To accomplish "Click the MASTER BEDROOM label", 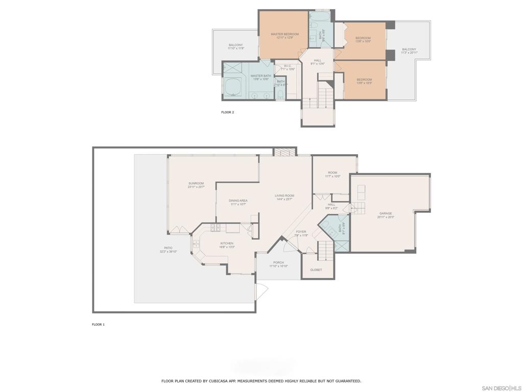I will click(x=284, y=34).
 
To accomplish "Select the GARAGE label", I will click(x=386, y=213).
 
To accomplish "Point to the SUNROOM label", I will click(x=196, y=183).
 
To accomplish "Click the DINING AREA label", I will click(x=238, y=201).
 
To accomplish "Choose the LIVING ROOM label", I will click(x=284, y=195).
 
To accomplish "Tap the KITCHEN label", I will click(x=227, y=243).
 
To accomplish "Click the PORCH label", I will click(x=278, y=262).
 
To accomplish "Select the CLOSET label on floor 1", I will click(x=316, y=269).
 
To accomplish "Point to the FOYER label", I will click(x=301, y=232).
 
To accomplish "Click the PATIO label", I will click(x=168, y=248).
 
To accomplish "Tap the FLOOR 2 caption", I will click(x=227, y=112).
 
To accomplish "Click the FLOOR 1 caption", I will click(x=98, y=324).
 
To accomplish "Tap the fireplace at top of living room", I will click(x=284, y=152).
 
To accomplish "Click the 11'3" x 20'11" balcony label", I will click(x=409, y=50).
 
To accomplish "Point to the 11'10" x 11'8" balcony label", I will click(x=235, y=45).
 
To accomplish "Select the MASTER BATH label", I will click(x=259, y=76).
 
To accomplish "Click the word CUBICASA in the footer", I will click(x=214, y=381).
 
